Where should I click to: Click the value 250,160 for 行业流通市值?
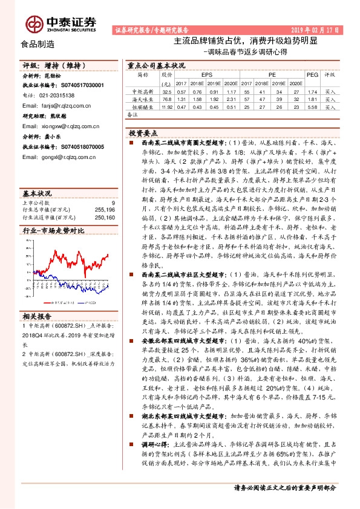104,218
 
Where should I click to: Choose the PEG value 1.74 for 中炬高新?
312,91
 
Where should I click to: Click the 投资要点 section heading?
143,132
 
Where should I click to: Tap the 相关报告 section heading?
38,315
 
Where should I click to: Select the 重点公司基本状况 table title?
156,64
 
